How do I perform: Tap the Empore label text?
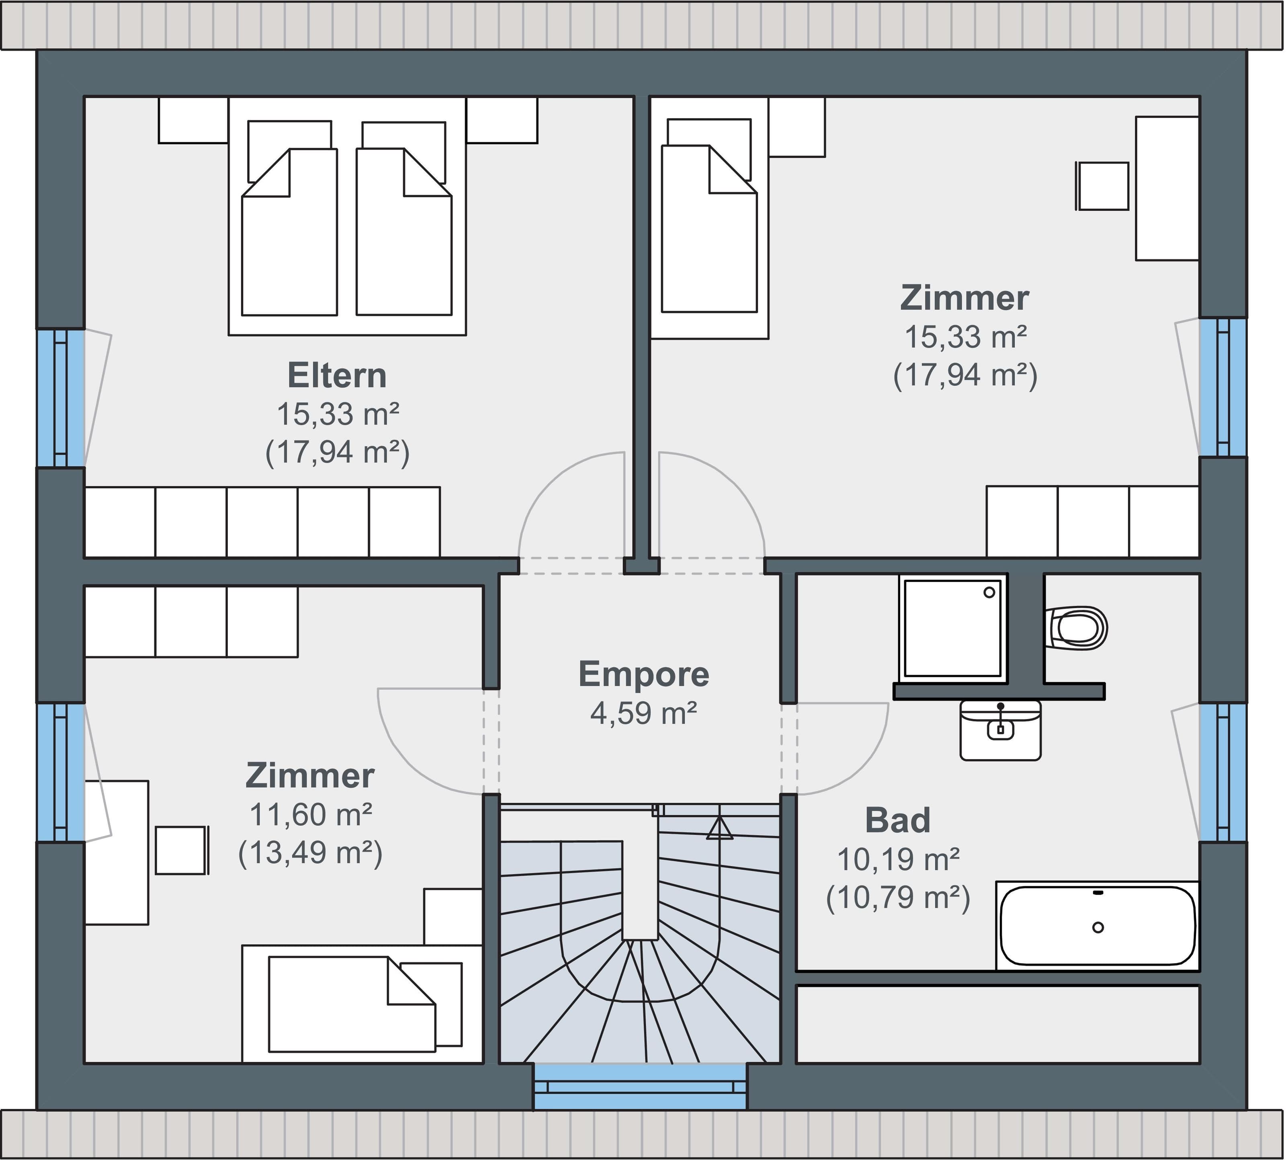[x=644, y=674]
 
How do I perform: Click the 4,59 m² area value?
[x=644, y=713]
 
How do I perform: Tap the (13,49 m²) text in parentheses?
[x=310, y=853]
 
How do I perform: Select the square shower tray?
[x=953, y=627]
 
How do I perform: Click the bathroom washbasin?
[x=1001, y=730]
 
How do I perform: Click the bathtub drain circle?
[x=1098, y=927]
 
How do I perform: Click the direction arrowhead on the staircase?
[x=720, y=828]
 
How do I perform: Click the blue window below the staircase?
[x=640, y=1086]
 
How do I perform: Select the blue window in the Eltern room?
[x=61, y=398]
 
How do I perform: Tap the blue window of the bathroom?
[x=1223, y=773]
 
